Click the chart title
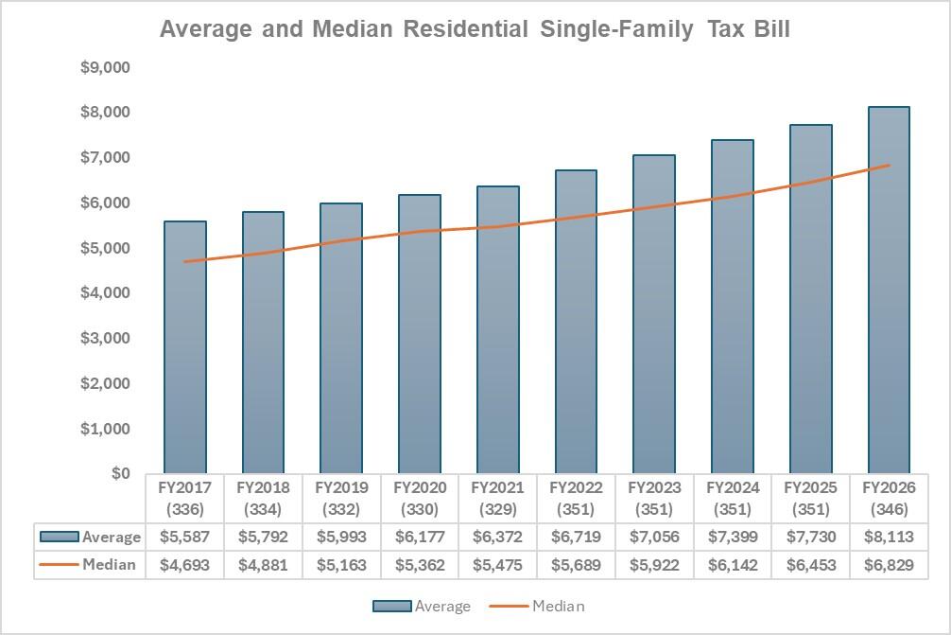tap(475, 29)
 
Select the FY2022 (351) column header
tap(576, 499)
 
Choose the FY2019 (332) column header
tap(341, 499)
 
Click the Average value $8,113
tap(889, 537)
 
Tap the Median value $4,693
tap(185, 565)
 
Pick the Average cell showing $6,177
tap(420, 537)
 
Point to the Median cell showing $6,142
tap(733, 565)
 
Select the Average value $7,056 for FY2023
tap(654, 537)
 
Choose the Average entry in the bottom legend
tap(422, 606)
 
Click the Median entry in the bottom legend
tap(537, 606)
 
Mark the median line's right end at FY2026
tap(889, 166)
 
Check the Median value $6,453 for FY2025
tap(810, 565)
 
